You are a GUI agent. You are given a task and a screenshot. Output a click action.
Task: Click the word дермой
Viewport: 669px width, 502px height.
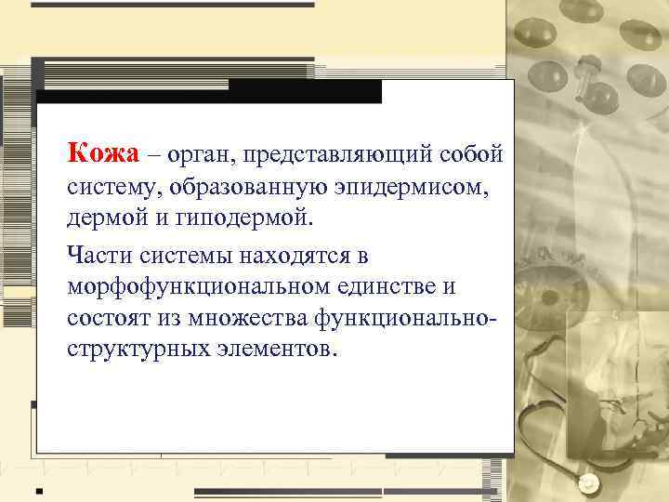[x=103, y=220]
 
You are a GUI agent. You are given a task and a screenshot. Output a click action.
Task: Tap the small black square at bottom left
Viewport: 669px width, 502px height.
[x=39, y=489]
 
